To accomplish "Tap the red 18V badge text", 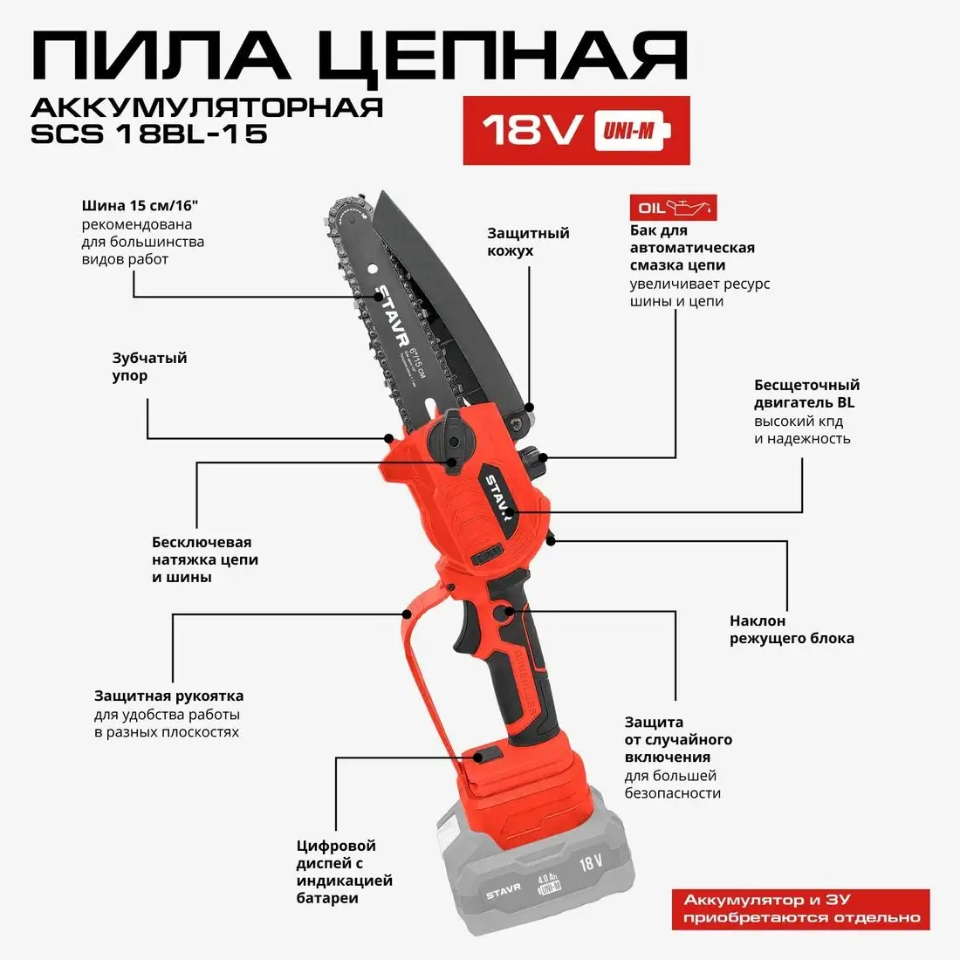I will (532, 131).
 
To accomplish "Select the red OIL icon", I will (673, 208).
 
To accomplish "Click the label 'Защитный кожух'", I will (528, 242).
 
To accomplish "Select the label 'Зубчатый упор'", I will (149, 367).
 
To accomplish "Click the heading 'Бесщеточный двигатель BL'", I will (806, 394).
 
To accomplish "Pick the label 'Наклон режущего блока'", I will (792, 629).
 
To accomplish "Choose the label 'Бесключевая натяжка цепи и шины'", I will (205, 559).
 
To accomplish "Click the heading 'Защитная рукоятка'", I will (168, 696).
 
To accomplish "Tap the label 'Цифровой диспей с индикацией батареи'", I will (344, 871).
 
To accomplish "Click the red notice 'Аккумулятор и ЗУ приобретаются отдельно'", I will (801, 909).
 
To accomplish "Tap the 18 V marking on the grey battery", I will (591, 863).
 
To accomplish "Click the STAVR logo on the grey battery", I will (503, 891).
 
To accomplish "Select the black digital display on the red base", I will (485, 756).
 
